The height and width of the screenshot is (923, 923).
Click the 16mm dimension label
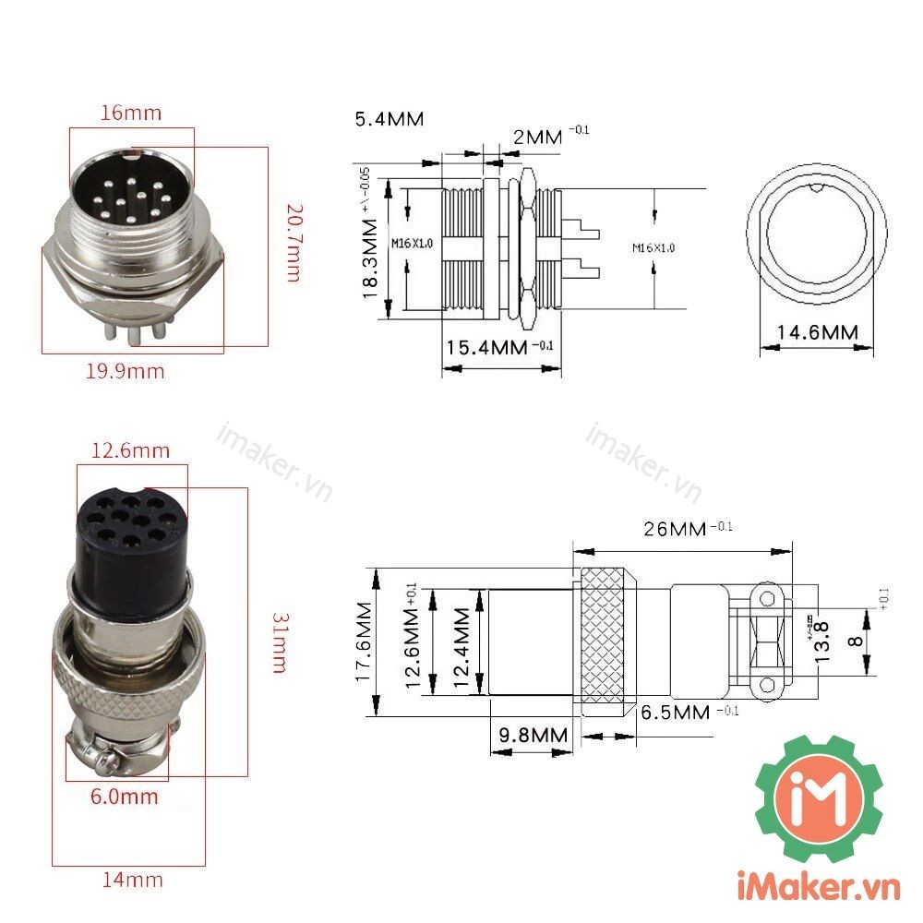(131, 114)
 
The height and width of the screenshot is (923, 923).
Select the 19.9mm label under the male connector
(126, 372)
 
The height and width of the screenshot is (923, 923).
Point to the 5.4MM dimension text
(389, 119)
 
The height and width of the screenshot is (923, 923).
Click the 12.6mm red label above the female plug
(130, 450)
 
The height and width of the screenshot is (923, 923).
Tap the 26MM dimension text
(677, 530)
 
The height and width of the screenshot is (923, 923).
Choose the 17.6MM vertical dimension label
(365, 641)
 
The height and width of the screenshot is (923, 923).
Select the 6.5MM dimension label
(674, 713)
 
